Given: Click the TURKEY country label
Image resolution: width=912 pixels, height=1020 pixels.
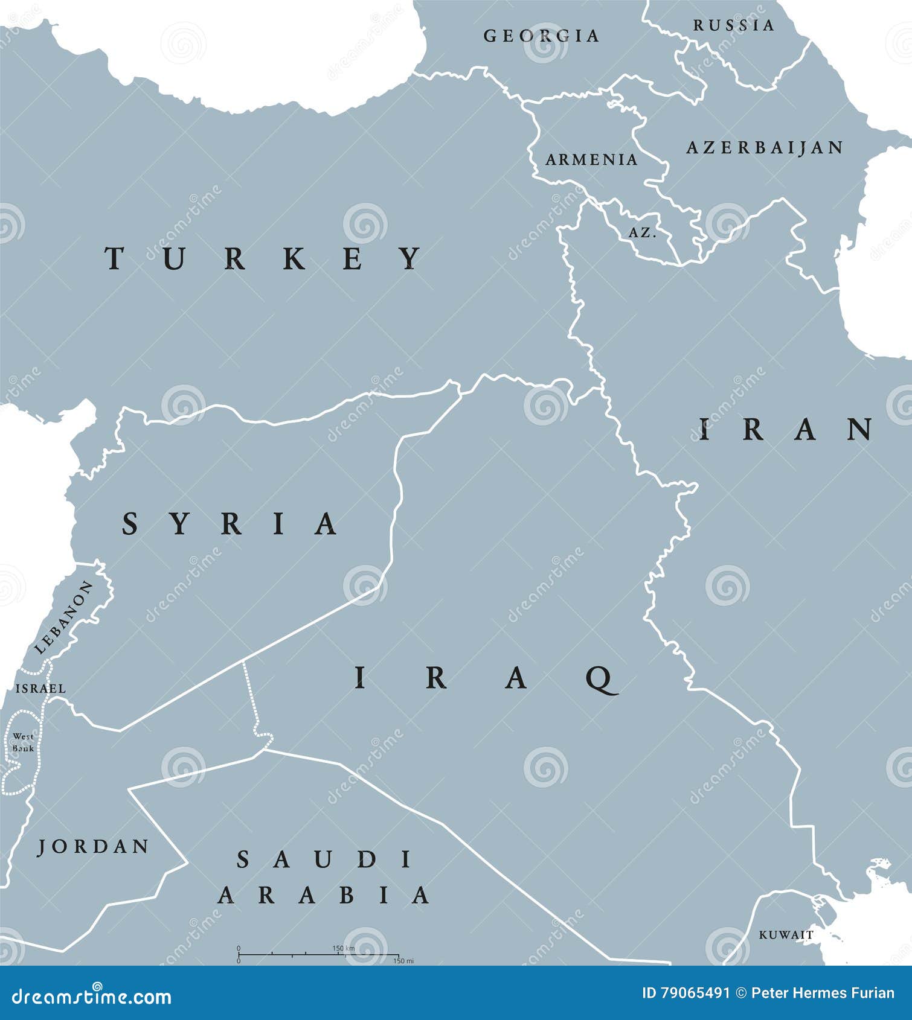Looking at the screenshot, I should (x=264, y=258).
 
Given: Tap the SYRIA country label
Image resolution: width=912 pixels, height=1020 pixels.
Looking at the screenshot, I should (x=230, y=523).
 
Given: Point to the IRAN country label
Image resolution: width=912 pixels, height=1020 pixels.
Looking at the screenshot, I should (x=785, y=430).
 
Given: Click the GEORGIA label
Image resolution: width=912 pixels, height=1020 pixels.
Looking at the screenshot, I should (x=541, y=36).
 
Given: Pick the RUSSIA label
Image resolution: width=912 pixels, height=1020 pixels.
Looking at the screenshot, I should (x=733, y=25).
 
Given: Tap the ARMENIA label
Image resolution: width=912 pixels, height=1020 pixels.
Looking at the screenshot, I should (x=591, y=159).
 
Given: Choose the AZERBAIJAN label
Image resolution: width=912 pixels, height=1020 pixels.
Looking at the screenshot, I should (x=765, y=147).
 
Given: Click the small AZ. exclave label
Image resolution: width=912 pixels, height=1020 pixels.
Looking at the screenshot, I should (x=643, y=232).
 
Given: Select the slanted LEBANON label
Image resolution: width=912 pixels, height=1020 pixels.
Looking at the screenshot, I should (x=64, y=617).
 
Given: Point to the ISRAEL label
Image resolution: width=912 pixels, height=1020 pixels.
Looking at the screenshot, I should (x=40, y=688).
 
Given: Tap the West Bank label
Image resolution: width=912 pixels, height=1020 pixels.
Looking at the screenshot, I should (x=23, y=742).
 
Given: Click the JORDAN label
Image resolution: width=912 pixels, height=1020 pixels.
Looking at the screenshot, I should (x=94, y=847).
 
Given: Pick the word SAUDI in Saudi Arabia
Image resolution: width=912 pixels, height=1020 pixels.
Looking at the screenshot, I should (x=324, y=859).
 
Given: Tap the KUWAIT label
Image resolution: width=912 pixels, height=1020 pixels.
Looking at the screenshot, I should (x=786, y=935).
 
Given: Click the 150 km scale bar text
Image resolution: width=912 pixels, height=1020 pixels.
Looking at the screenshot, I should (x=343, y=949).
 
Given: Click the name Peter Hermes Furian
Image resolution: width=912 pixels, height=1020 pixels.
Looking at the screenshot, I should (x=823, y=993).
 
